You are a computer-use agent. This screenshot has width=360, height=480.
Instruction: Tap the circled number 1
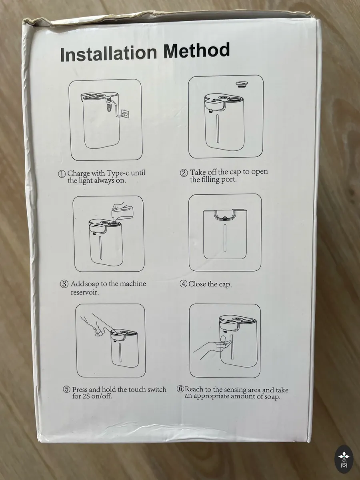coord(62,174)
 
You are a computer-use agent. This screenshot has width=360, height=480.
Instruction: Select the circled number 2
coord(184,173)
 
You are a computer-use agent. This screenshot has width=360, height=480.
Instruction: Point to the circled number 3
coord(64,284)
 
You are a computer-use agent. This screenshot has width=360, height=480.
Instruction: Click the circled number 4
coord(183,284)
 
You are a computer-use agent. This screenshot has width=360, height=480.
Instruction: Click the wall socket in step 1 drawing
coord(124,113)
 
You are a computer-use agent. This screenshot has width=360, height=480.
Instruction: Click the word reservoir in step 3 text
coord(84,292)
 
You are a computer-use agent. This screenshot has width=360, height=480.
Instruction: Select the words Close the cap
coord(210,284)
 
